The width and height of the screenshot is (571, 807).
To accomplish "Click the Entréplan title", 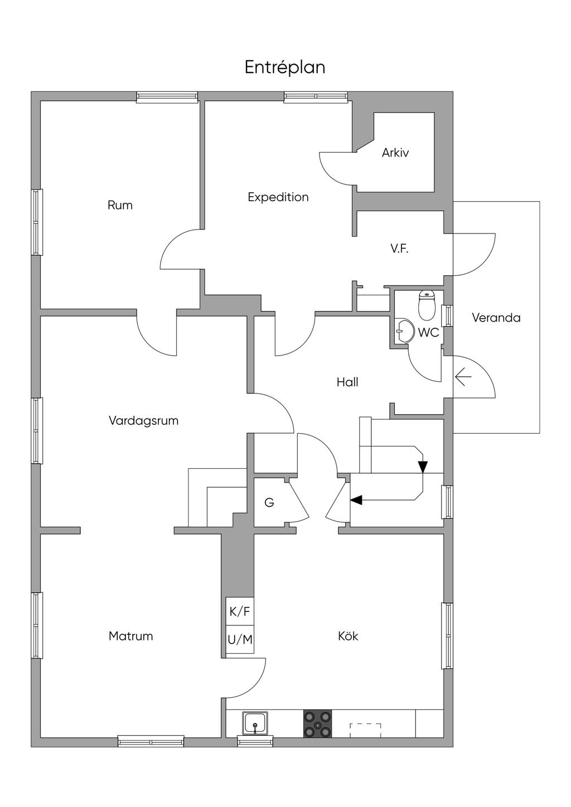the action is pyautogui.click(x=285, y=68).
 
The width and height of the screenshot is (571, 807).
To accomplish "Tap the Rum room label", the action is pyautogui.click(x=120, y=205).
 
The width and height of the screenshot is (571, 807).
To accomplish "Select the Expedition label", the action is pyautogui.click(x=278, y=197).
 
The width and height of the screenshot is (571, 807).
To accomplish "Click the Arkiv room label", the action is pyautogui.click(x=395, y=153).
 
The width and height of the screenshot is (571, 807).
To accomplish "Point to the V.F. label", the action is pyautogui.click(x=399, y=249).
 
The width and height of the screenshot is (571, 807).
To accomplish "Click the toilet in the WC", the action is pyautogui.click(x=427, y=306).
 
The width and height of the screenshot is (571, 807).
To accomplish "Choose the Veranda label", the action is pyautogui.click(x=496, y=318).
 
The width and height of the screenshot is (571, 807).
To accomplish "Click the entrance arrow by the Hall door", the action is pyautogui.click(x=463, y=377).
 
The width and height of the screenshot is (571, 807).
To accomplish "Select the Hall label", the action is pyautogui.click(x=347, y=382).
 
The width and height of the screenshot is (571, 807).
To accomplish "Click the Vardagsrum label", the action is pyautogui.click(x=143, y=421).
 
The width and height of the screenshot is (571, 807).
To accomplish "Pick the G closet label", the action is pyautogui.click(x=269, y=503).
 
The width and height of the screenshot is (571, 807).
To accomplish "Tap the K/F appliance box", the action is pyautogui.click(x=240, y=612).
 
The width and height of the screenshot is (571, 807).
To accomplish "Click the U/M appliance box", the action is pyautogui.click(x=240, y=640).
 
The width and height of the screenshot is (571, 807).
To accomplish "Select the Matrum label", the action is pyautogui.click(x=131, y=636).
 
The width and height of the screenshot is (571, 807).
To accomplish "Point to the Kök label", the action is pyautogui.click(x=348, y=636).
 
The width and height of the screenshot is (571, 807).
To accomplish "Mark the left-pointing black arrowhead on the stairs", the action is pyautogui.click(x=356, y=500).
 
